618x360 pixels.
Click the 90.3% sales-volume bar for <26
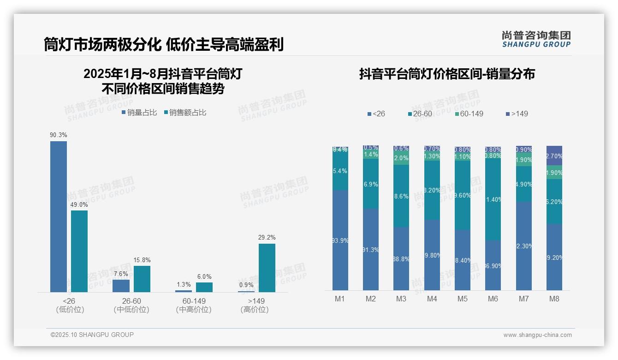tap(59, 216)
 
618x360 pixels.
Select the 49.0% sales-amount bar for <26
tap(79, 251)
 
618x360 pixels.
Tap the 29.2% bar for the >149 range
tap(267, 268)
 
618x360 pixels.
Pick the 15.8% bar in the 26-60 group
tap(142, 279)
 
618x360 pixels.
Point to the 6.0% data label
tap(204, 277)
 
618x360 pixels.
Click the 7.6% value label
tap(121, 274)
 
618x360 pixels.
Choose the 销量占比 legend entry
tap(139, 113)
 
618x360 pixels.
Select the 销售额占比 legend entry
tap(185, 113)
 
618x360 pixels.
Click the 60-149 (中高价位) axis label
tap(194, 306)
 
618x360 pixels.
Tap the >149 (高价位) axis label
tap(255, 306)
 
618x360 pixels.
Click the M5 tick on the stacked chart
tap(462, 299)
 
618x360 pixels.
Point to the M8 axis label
tap(554, 299)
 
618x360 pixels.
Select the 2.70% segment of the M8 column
tap(554, 156)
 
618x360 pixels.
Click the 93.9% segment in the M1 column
tap(340, 240)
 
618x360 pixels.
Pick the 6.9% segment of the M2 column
tap(371, 184)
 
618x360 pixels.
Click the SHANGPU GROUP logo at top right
tap(536, 39)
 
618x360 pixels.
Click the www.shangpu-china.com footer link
tap(537, 335)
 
